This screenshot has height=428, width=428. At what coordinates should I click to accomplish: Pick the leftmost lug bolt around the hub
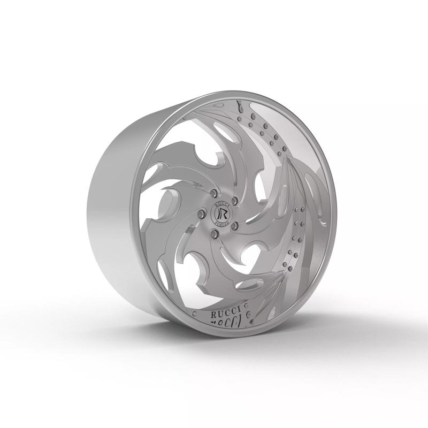pos(202,214)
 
